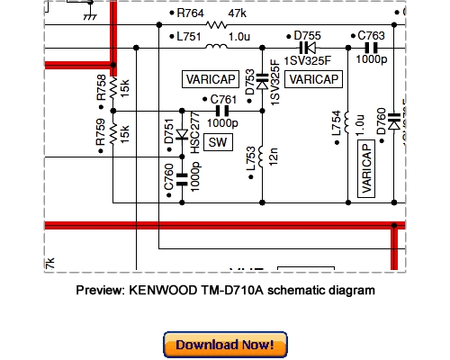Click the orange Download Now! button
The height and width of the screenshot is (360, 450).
tap(225, 345)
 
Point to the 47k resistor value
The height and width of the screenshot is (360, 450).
tap(237, 15)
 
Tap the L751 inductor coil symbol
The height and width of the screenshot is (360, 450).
tap(216, 47)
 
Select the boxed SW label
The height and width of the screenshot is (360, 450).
tap(218, 142)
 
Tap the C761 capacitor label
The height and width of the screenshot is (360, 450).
tap(224, 99)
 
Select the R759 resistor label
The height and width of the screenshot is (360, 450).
tap(100, 134)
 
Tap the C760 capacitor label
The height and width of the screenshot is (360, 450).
tap(168, 180)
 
